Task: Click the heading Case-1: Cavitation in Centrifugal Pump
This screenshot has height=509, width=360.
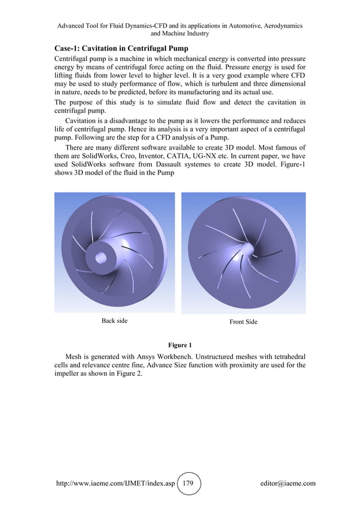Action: coord(120,48)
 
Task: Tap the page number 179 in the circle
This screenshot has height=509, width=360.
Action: coord(188,483)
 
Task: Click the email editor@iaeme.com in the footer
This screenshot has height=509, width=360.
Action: coord(284,483)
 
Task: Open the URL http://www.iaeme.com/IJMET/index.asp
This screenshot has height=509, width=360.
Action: coord(116,483)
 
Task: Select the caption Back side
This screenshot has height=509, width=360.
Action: coord(114,321)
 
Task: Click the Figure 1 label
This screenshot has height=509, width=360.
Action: coord(180,345)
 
